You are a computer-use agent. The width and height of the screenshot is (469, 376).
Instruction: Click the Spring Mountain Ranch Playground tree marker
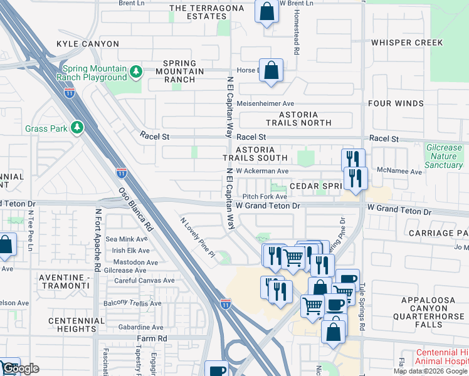pos(135,73)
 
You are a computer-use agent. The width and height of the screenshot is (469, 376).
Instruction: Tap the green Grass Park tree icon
pos(77,128)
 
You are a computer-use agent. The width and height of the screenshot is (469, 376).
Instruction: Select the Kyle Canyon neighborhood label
pos(87,44)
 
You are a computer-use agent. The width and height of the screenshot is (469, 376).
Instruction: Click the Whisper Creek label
pos(407,43)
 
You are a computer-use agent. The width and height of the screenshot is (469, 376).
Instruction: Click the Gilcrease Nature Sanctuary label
pos(443,156)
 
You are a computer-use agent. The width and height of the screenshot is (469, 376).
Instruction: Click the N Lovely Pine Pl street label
pos(198,238)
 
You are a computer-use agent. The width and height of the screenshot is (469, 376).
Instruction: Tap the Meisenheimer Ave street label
pos(266,104)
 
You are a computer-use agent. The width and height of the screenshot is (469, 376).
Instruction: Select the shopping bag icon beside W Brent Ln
pos(266,11)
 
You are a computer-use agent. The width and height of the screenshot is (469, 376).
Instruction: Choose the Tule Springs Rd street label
pos(362,306)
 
